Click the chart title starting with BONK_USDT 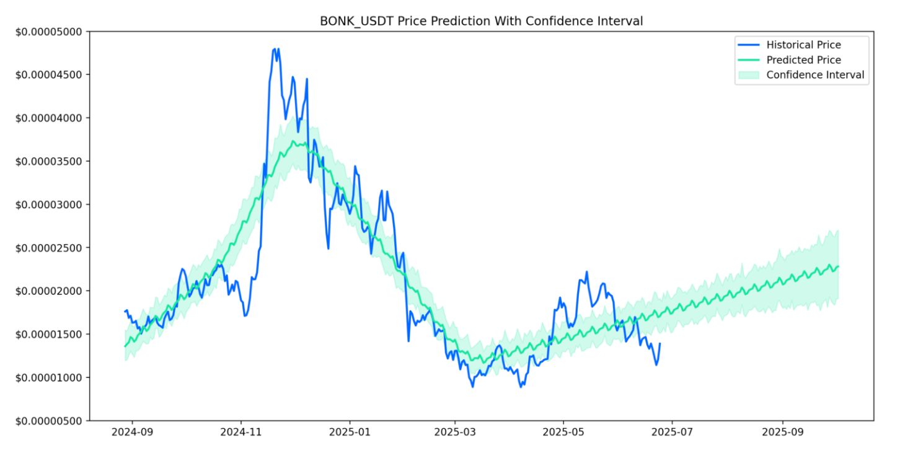(x=481, y=21)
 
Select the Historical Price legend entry (x=803, y=45)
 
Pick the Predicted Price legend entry (x=803, y=60)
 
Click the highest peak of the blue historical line (x=275, y=48)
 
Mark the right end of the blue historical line (x=660, y=343)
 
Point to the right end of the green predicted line (x=838, y=266)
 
